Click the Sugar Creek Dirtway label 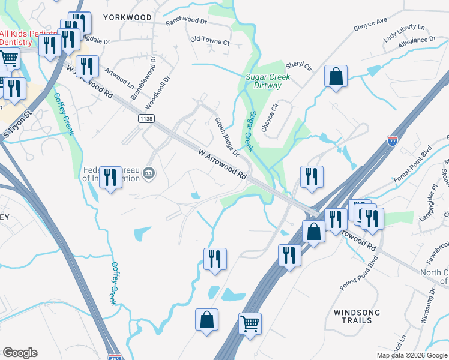pos(268,81)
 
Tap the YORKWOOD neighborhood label pos(127,17)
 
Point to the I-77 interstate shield pos(393,142)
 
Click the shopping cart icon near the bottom pos(250,323)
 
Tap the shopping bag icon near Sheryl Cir pos(336,76)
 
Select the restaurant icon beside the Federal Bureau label pos(110,177)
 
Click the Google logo pos(20,353)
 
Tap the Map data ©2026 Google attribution pos(412,355)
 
